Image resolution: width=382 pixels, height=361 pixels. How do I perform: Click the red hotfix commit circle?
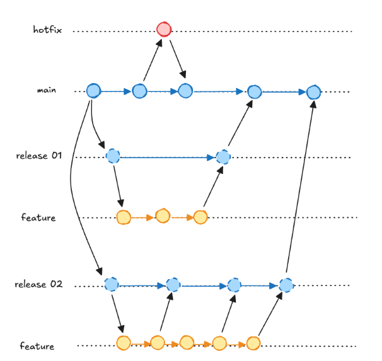tap(164, 29)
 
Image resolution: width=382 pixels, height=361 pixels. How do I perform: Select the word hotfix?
tap(48, 29)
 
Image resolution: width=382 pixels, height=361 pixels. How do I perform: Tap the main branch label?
tap(47, 90)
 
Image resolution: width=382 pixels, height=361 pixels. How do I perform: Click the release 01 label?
tap(40, 156)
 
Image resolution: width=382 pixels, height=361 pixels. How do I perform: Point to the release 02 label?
tap(39, 284)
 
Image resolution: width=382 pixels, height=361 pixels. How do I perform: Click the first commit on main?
tap(93, 91)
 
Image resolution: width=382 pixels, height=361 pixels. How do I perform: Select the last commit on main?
tap(314, 92)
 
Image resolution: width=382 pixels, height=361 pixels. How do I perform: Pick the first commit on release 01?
tap(113, 156)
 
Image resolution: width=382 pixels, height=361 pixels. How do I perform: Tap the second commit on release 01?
tap(223, 157)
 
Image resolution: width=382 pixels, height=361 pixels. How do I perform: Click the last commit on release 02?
tap(286, 285)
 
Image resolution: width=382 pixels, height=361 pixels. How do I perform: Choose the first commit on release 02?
tap(112, 285)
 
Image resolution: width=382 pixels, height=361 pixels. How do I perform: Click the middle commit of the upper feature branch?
tap(163, 216)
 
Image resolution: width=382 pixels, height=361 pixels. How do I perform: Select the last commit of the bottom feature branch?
tap(253, 343)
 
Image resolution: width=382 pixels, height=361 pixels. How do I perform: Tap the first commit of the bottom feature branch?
tap(124, 343)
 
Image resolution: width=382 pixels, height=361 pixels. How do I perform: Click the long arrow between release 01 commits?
tap(168, 157)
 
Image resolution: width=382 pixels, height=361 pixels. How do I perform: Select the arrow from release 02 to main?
tap(300, 189)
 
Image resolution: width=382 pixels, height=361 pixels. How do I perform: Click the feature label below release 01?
tap(38, 218)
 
